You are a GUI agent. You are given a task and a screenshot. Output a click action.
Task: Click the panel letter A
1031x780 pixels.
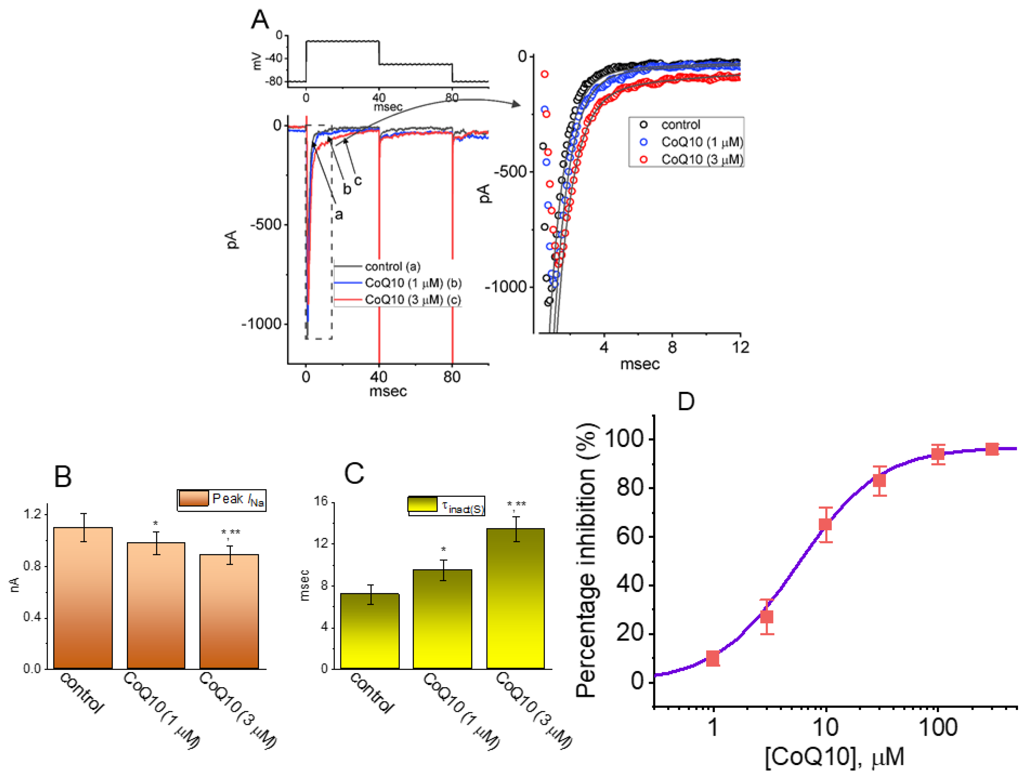click(260, 20)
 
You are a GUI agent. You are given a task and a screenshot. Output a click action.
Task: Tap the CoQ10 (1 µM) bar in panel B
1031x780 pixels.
click(156, 605)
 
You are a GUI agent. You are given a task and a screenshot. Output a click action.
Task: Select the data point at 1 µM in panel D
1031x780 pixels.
click(713, 659)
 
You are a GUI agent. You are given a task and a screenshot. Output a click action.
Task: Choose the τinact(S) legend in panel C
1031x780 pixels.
click(446, 505)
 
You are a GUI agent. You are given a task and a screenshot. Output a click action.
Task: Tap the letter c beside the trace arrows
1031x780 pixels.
click(358, 180)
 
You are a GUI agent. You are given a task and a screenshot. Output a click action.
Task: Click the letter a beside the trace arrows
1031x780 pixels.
click(339, 214)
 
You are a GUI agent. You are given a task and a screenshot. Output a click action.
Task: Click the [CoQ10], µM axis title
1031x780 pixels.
click(834, 757)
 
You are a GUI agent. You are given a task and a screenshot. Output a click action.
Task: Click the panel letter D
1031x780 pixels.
click(686, 401)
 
